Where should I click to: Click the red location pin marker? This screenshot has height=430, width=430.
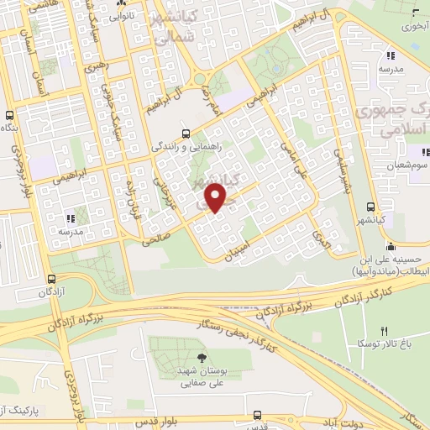pyautogui.click(x=217, y=197)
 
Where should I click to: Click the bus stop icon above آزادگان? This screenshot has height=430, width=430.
pyautogui.click(x=52, y=280)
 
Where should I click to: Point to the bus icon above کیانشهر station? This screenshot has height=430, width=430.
pyautogui.click(x=371, y=206)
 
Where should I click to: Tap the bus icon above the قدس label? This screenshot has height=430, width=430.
pyautogui.click(x=257, y=415)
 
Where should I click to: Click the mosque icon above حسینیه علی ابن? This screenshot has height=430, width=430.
pyautogui.click(x=391, y=246)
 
